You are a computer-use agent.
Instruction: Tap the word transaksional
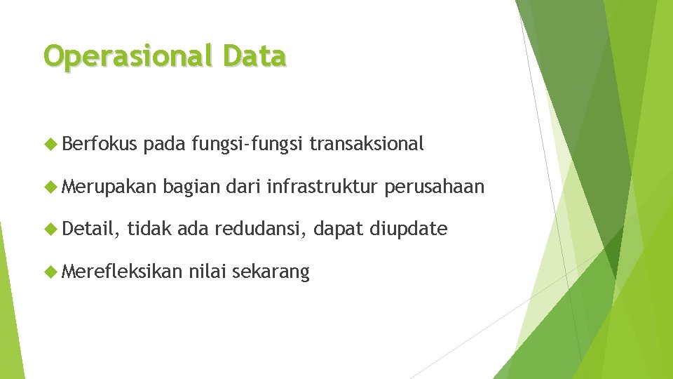tap(367, 145)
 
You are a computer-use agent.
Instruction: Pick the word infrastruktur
tap(322, 187)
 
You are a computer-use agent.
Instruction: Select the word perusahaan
tap(435, 187)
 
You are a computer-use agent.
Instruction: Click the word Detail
tap(90, 229)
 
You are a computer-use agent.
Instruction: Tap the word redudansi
tap(261, 229)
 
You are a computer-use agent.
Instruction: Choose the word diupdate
tap(407, 229)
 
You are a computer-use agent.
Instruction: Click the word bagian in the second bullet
tap(189, 187)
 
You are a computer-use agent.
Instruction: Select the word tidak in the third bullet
tap(149, 229)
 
